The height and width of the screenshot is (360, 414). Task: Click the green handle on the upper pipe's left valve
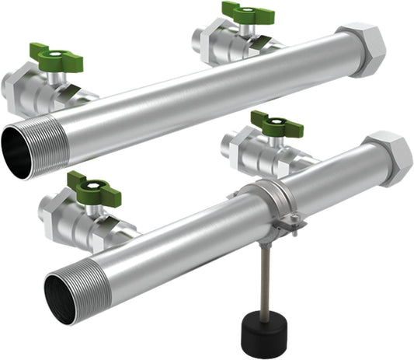(56, 57)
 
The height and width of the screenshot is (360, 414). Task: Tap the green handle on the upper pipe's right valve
(248, 13)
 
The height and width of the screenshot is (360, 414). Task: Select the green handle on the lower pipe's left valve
(92, 187)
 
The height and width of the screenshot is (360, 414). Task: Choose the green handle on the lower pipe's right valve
(271, 124)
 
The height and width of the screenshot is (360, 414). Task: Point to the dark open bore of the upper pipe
(17, 151)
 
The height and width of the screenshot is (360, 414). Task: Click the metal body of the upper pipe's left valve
(31, 89)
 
